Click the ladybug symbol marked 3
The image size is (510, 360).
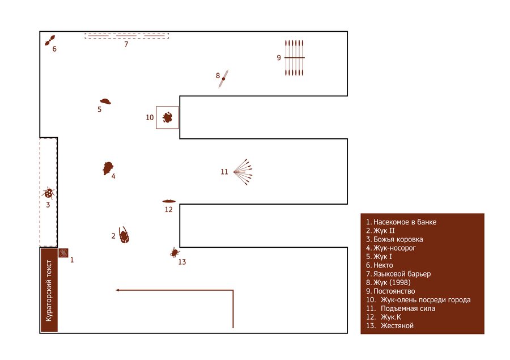[49, 193]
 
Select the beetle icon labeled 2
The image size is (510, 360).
[124, 235]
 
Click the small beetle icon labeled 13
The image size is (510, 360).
[175, 252]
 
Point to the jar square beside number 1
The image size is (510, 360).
[63, 253]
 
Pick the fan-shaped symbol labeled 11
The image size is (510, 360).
[243, 172]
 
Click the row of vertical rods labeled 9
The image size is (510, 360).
[294, 58]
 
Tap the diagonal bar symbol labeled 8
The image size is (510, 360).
[223, 79]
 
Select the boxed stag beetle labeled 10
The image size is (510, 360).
[167, 117]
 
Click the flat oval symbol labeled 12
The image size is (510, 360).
[169, 201]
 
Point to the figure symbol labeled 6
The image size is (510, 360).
[50, 40]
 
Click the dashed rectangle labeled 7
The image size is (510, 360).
[127, 36]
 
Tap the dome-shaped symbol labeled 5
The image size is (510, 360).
[105, 101]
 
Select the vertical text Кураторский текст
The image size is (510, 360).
[49, 290]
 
